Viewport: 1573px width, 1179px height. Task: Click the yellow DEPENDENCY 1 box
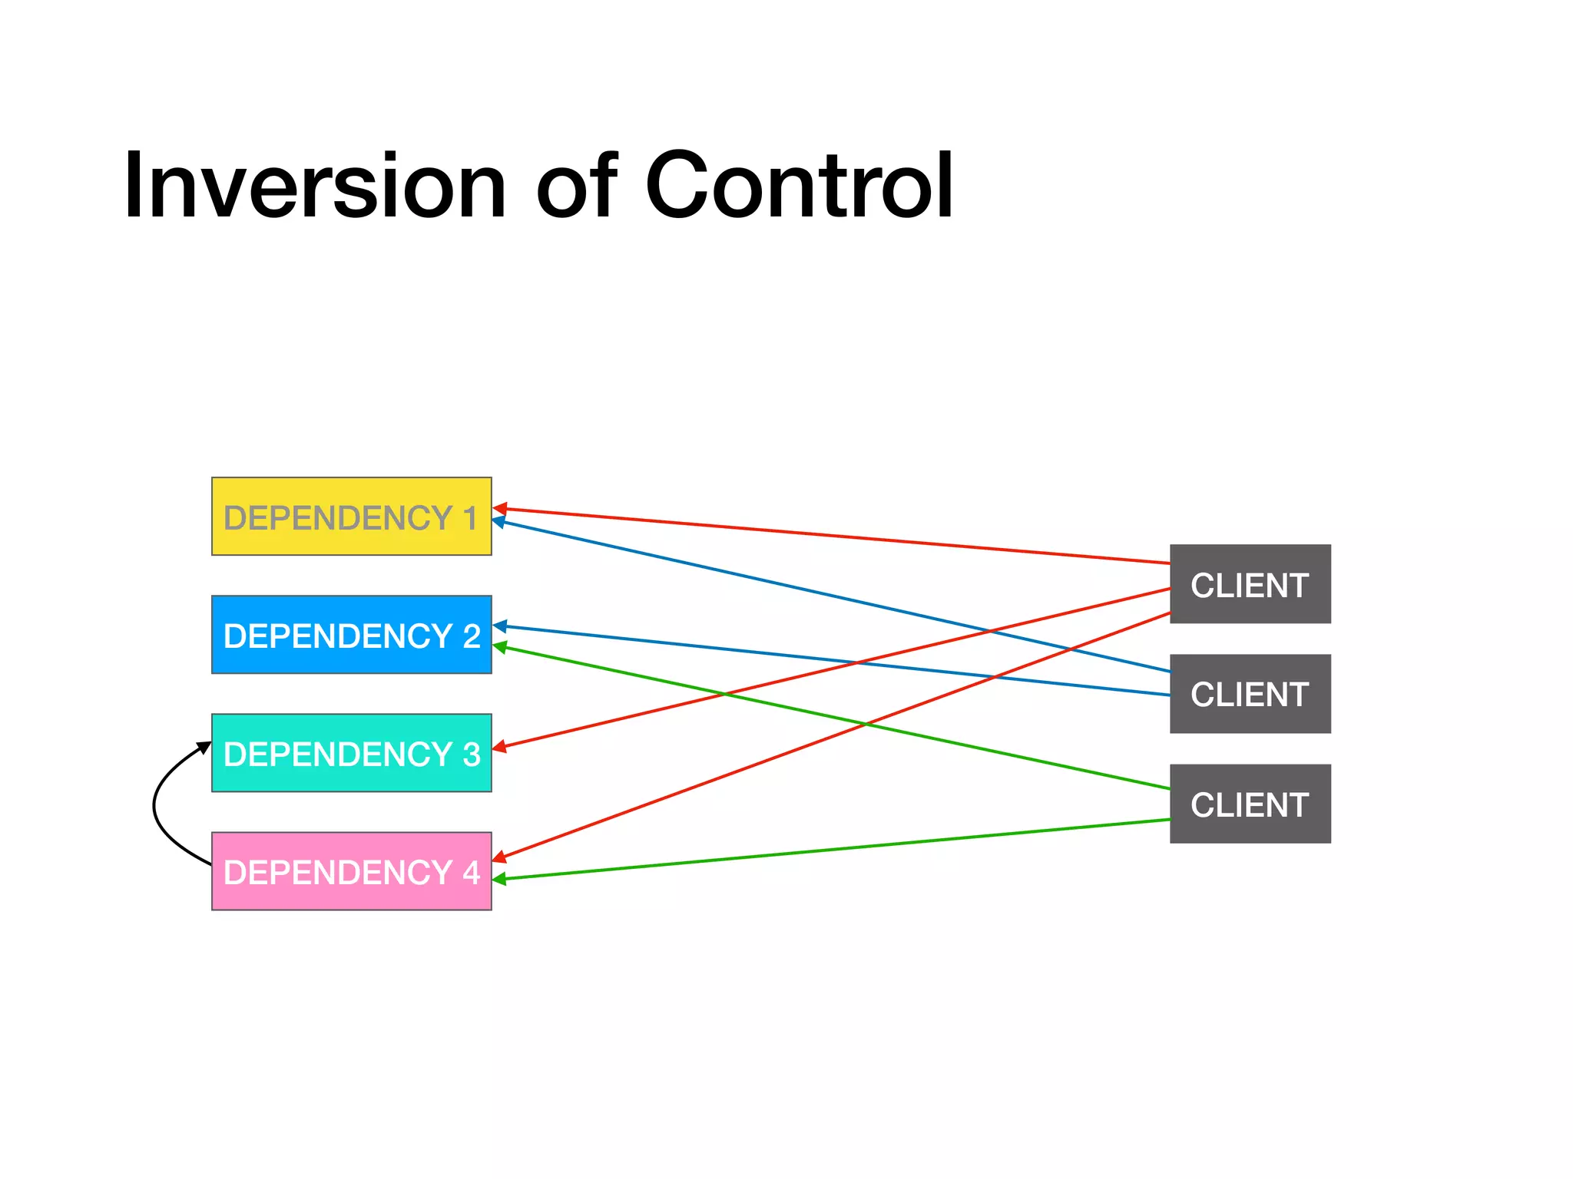[x=351, y=517]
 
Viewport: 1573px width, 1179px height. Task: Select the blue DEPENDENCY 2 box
[x=351, y=635]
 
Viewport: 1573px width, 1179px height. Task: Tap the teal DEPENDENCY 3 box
[x=351, y=753]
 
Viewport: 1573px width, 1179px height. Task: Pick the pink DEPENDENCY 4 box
[x=351, y=871]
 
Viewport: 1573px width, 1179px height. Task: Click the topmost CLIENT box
[x=1250, y=584]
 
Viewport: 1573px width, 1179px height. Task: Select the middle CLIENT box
[x=1250, y=694]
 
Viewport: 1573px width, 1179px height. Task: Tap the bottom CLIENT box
[x=1250, y=804]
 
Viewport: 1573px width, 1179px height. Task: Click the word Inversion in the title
[x=315, y=187]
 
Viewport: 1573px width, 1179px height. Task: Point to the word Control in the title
[x=799, y=187]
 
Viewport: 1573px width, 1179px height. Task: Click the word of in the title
[x=576, y=187]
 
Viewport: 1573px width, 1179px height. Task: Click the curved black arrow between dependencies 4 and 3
[x=155, y=806]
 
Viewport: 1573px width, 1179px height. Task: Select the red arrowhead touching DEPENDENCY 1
[x=499, y=509]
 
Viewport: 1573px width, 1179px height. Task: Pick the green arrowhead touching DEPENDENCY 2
[x=499, y=647]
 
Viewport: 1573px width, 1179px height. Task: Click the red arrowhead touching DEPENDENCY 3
[x=499, y=746]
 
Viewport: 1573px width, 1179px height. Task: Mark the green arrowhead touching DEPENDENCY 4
[x=499, y=879]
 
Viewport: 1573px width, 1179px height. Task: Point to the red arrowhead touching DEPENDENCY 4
[x=499, y=857]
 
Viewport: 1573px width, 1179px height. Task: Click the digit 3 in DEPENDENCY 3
[x=472, y=754]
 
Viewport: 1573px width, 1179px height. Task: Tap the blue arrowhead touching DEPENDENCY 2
[x=499, y=626]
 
